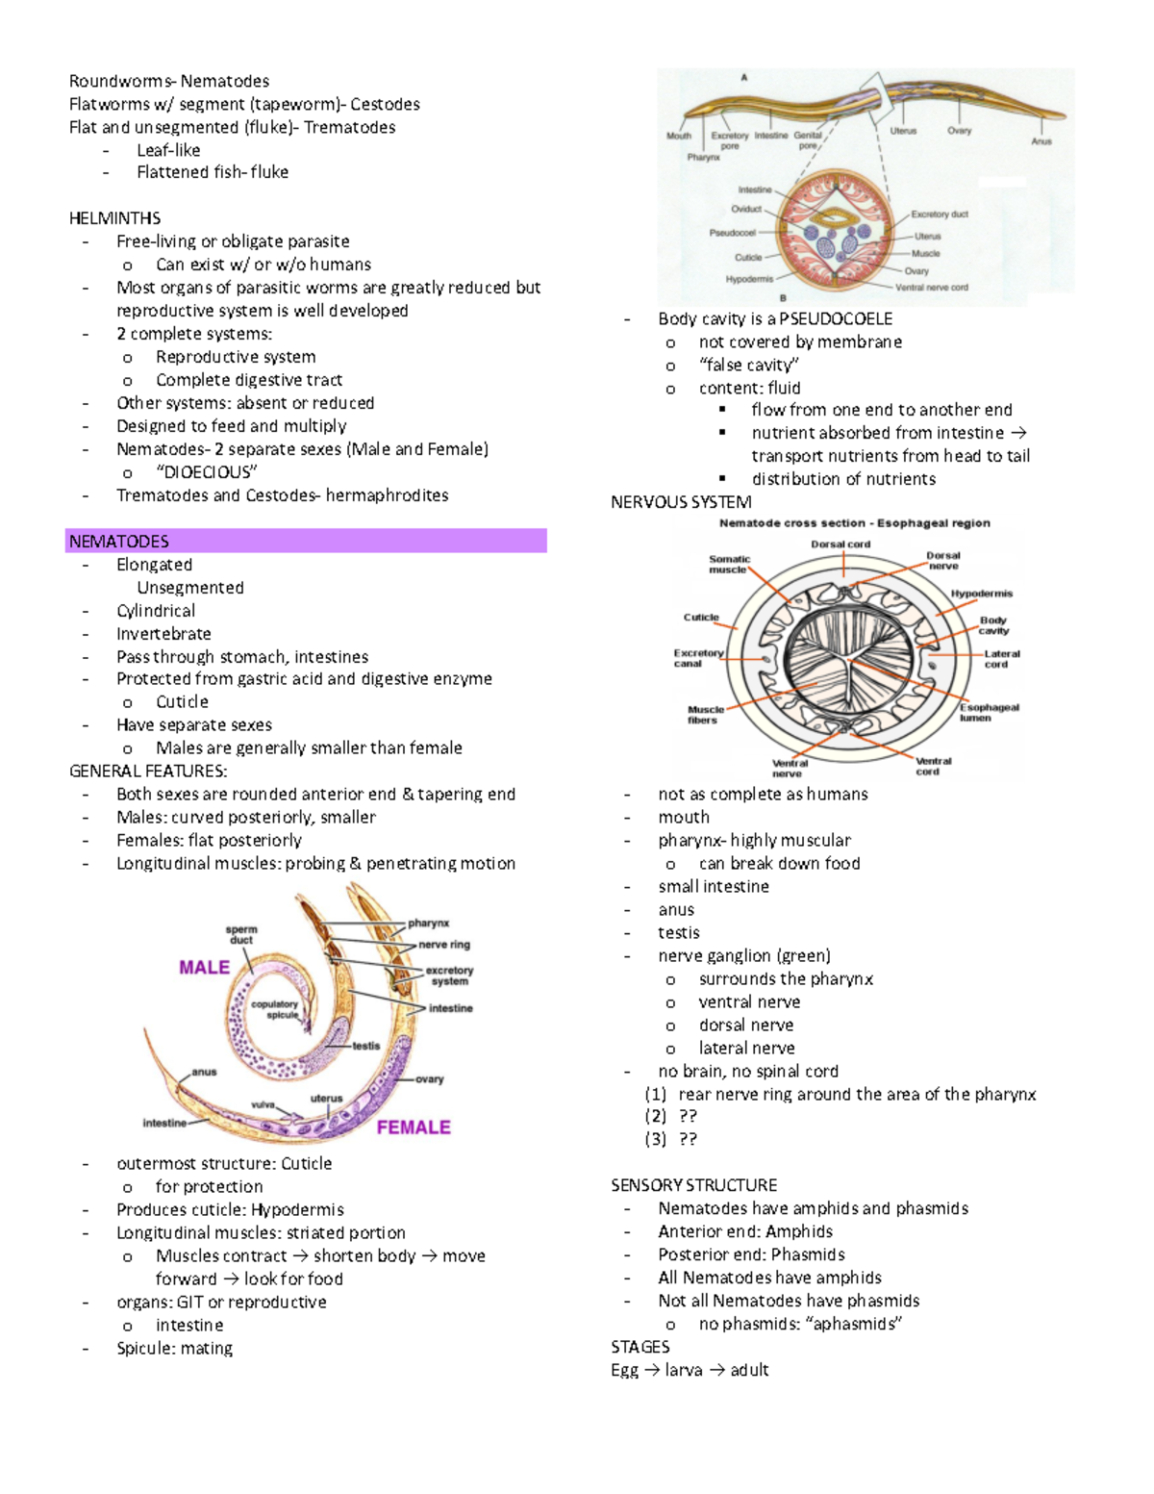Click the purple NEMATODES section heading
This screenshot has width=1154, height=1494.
click(119, 542)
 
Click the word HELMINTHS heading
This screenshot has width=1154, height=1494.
click(114, 218)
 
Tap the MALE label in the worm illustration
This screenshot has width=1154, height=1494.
click(204, 967)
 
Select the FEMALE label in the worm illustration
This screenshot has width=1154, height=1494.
click(414, 1127)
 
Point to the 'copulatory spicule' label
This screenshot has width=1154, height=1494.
click(275, 1009)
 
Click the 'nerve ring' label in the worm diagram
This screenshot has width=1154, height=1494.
click(444, 945)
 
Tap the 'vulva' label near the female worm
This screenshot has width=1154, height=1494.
click(263, 1104)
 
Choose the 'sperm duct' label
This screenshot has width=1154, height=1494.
click(241, 934)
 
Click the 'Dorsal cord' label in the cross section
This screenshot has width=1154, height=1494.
click(840, 544)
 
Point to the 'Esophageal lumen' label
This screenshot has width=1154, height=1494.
click(989, 712)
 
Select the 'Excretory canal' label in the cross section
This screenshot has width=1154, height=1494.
click(698, 658)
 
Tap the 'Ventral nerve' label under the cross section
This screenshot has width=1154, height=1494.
click(790, 768)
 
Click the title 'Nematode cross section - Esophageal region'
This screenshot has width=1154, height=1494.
click(854, 523)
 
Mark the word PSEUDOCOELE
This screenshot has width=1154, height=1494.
click(835, 318)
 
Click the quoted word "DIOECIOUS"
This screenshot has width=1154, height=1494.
click(207, 472)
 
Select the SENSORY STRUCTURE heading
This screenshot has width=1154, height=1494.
click(693, 1185)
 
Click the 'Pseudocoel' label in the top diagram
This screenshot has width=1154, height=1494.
click(732, 233)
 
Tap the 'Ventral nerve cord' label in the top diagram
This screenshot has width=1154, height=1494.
click(931, 288)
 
